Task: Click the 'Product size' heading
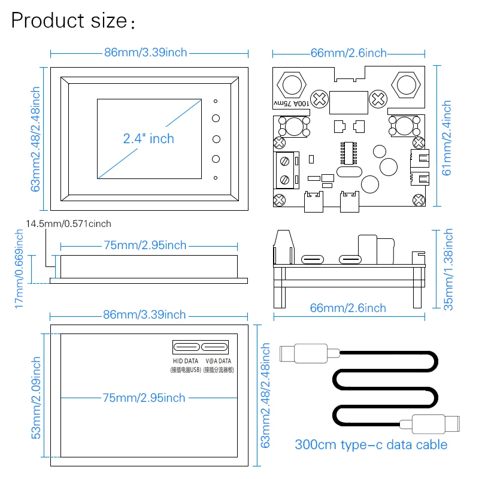pyautogui.click(x=69, y=20)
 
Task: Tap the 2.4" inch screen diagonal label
pyautogui.click(x=148, y=139)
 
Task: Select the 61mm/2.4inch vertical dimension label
pyautogui.click(x=447, y=138)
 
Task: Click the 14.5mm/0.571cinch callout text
pyautogui.click(x=68, y=223)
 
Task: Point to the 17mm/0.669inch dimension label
pyautogui.click(x=19, y=268)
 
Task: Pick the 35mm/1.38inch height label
pyautogui.click(x=448, y=269)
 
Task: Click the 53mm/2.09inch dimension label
pyautogui.click(x=36, y=398)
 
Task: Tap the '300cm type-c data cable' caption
pyautogui.click(x=371, y=445)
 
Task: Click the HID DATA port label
pyautogui.click(x=186, y=361)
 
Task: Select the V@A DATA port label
pyautogui.click(x=219, y=361)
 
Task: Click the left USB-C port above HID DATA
pyautogui.click(x=187, y=347)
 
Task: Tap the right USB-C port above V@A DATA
pyautogui.click(x=214, y=347)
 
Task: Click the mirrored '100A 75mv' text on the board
pyautogui.click(x=292, y=104)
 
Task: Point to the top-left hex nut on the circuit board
pyautogui.click(x=292, y=85)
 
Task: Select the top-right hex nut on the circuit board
pyautogui.click(x=407, y=85)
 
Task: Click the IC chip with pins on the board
pyautogui.click(x=348, y=153)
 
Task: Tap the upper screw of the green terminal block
pyautogui.click(x=285, y=161)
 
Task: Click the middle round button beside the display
pyautogui.click(x=216, y=140)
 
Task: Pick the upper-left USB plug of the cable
pyautogui.click(x=310, y=353)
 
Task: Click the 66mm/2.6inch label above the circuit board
pyautogui.click(x=348, y=53)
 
